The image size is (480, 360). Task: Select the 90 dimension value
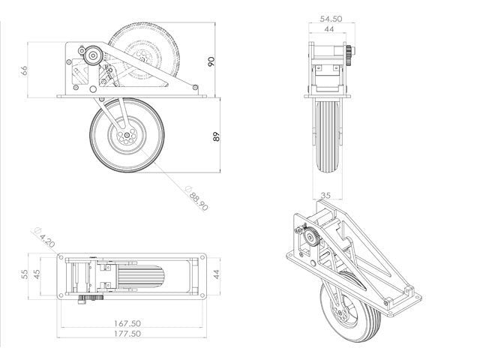(x=212, y=61)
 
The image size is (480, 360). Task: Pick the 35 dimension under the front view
(x=325, y=195)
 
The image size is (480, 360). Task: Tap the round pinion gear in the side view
(x=92, y=55)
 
